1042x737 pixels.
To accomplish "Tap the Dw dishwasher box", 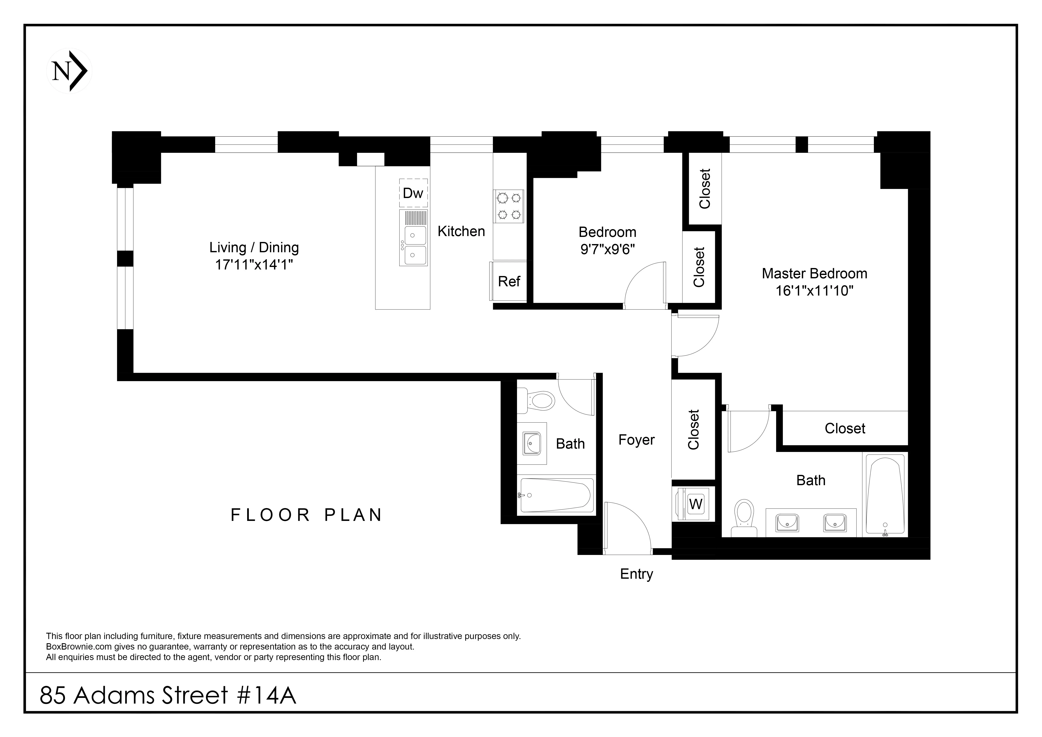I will point(413,193).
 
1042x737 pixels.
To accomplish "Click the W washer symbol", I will point(695,504).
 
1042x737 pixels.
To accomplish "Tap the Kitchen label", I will point(461,231).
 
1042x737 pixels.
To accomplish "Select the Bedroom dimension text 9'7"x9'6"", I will point(607,249).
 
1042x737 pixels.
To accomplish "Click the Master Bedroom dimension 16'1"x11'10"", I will point(814,291).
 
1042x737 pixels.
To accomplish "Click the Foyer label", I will point(636,440).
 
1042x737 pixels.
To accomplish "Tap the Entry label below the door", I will point(636,574).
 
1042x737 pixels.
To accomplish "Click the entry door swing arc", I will point(629,526).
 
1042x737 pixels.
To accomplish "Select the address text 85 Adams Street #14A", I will point(168,695).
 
